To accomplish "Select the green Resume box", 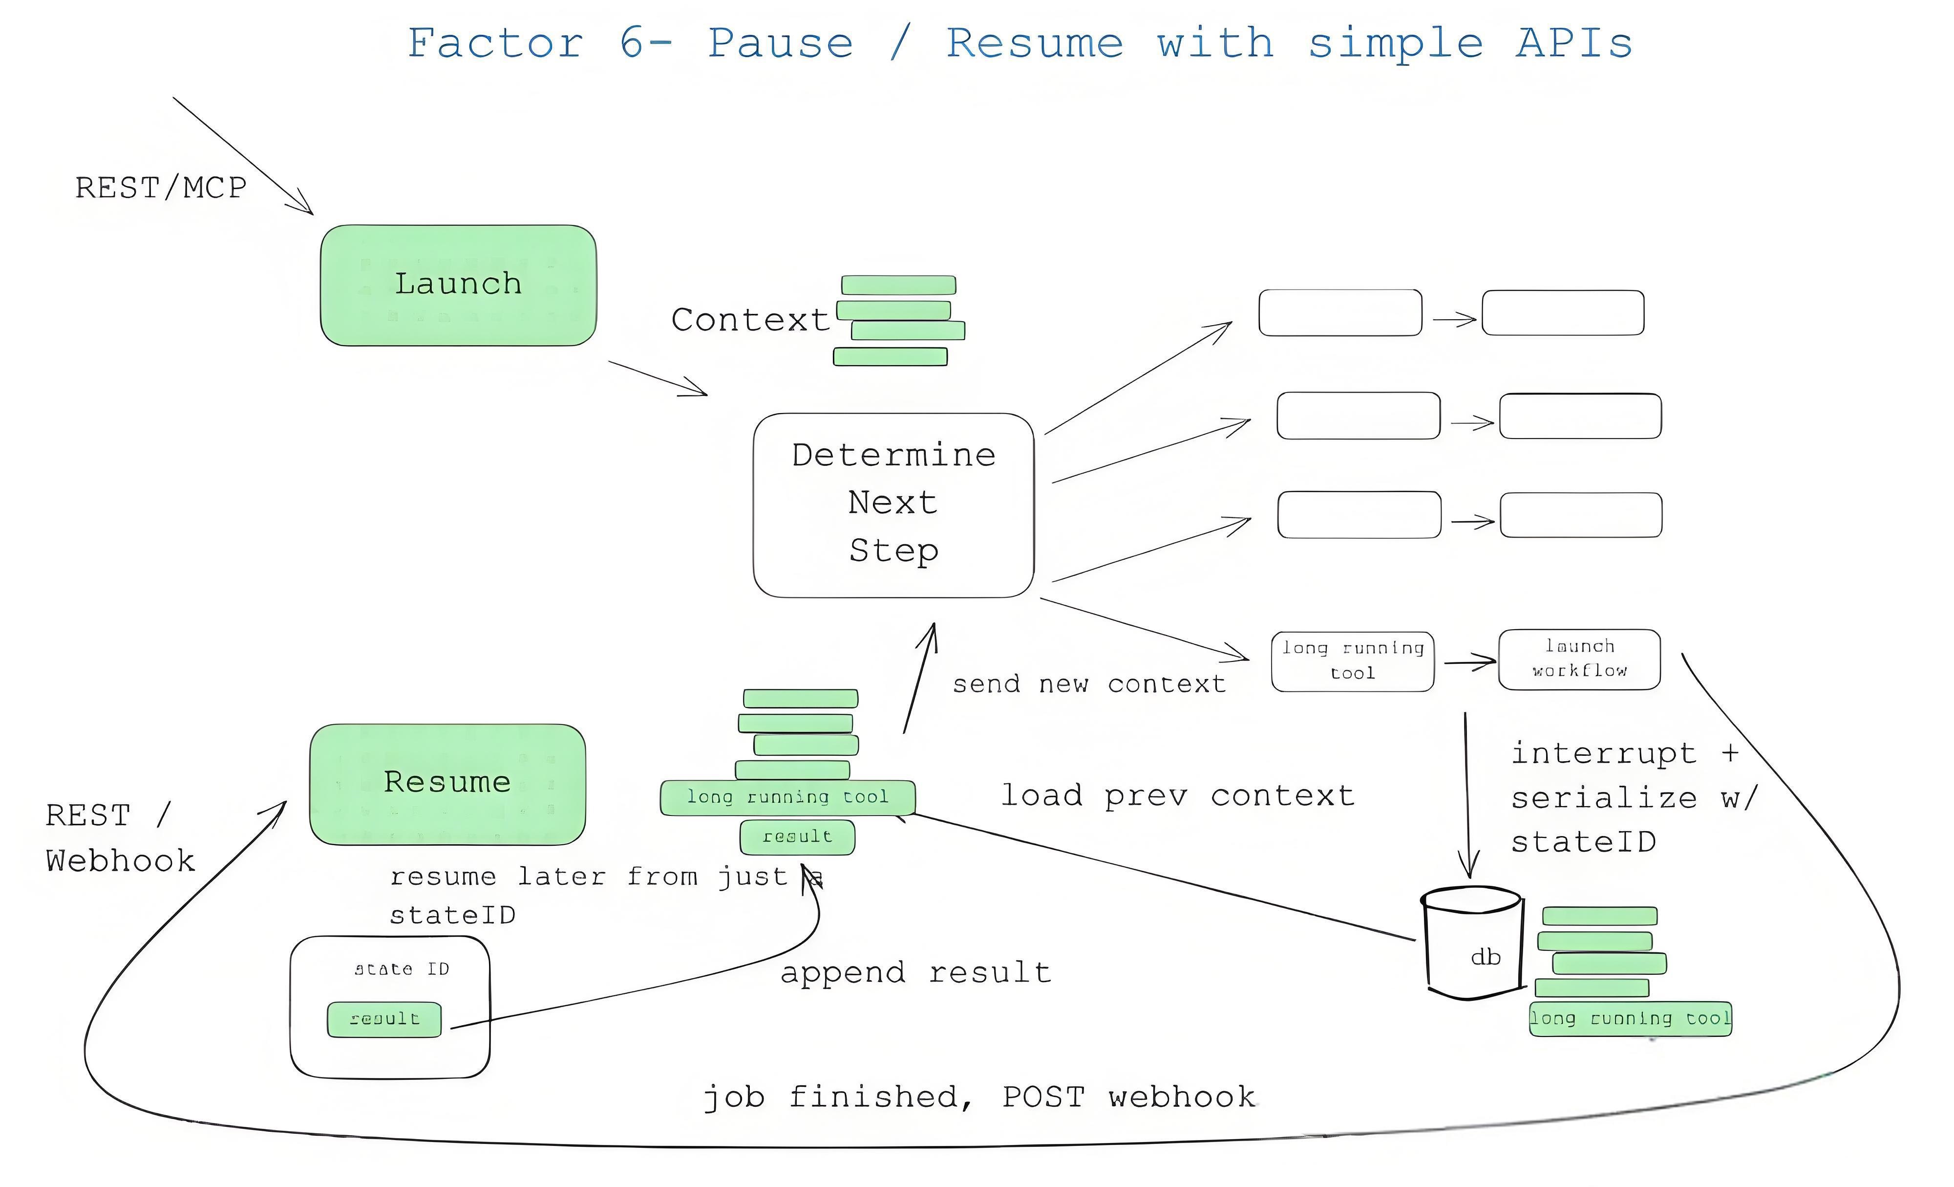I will click(x=447, y=783).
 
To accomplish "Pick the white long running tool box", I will click(x=1352, y=661).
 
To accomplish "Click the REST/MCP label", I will click(x=160, y=189).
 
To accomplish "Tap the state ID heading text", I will click(x=401, y=969).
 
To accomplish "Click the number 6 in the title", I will click(x=632, y=44).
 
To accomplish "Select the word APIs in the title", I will click(x=1573, y=44).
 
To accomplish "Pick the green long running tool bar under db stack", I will click(x=1630, y=1019).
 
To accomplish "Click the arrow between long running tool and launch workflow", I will click(x=1468, y=662).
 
